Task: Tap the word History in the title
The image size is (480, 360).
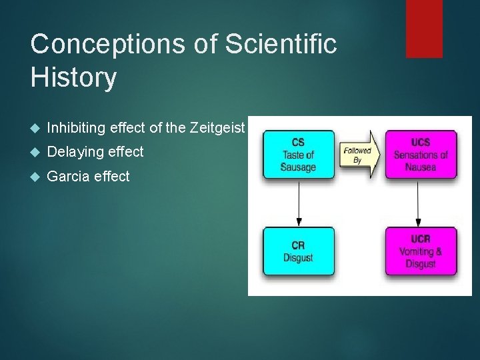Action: click(73, 78)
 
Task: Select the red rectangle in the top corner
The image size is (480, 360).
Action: click(424, 28)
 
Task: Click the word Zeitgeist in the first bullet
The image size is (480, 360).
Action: click(217, 127)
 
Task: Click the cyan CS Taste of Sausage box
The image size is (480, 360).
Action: click(297, 155)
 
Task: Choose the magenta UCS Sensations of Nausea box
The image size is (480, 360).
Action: click(421, 155)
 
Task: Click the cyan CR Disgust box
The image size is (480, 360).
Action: click(297, 251)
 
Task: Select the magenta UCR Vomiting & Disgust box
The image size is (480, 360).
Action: click(421, 251)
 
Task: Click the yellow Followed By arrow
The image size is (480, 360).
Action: click(359, 155)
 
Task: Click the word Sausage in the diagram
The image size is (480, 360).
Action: click(298, 167)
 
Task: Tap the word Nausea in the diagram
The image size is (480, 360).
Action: click(421, 167)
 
